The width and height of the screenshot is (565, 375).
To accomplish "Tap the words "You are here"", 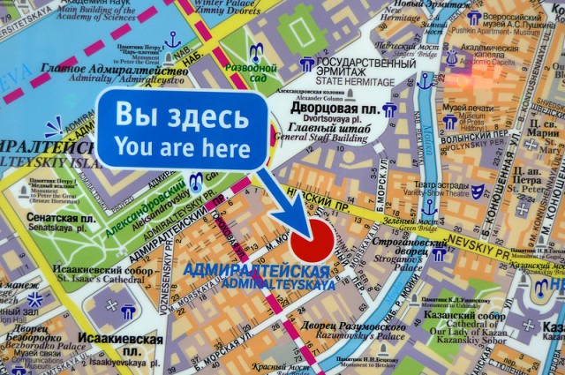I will click(182, 147).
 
